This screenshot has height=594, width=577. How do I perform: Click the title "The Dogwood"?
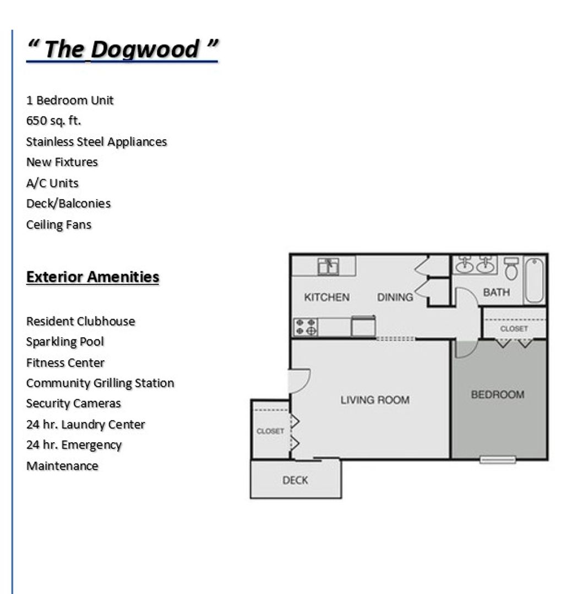(122, 49)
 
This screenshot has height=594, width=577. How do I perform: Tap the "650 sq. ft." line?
(53, 120)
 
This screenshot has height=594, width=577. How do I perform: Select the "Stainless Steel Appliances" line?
(96, 141)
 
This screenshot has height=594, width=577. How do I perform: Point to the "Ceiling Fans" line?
(59, 224)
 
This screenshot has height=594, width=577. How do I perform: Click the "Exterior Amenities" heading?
(92, 277)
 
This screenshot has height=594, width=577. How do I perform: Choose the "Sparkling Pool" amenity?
(65, 342)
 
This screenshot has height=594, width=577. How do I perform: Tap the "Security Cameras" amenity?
(73, 403)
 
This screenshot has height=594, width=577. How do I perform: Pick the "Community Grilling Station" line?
(100, 383)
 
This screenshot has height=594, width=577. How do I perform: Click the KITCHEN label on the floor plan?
(326, 297)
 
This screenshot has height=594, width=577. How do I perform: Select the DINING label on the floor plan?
(395, 297)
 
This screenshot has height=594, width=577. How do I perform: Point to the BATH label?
(496, 292)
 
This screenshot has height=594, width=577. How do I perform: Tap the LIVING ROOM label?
(375, 400)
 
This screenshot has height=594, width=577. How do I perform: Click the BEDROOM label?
(497, 394)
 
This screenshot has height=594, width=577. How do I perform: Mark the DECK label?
(295, 480)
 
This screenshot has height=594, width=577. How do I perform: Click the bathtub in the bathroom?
(534, 280)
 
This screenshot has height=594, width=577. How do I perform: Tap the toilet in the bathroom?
(511, 268)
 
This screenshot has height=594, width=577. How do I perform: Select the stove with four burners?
(306, 327)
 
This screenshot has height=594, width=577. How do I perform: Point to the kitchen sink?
(328, 266)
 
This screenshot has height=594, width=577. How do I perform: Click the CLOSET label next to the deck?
(270, 431)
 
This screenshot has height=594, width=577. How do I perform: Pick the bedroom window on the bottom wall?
(497, 459)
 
